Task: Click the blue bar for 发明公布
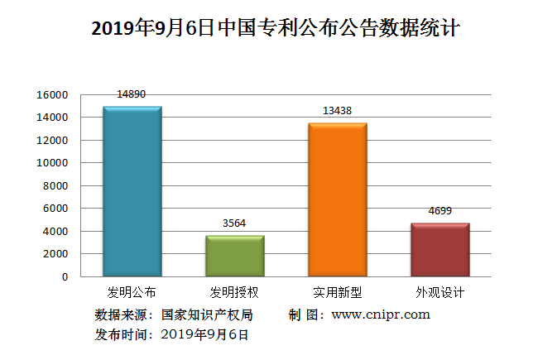pyautogui.click(x=132, y=191)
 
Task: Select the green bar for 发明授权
pyautogui.click(x=235, y=256)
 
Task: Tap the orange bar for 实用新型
pyautogui.click(x=338, y=199)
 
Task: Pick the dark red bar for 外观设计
pyautogui.click(x=440, y=249)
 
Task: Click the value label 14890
pyautogui.click(x=132, y=94)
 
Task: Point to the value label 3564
pyautogui.click(x=234, y=223)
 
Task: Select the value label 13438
pyautogui.click(x=337, y=111)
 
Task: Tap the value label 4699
pyautogui.click(x=440, y=211)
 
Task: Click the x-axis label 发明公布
pyautogui.click(x=132, y=293)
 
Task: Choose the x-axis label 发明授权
pyautogui.click(x=235, y=293)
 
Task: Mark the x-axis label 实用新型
pyautogui.click(x=338, y=293)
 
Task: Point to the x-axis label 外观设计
pyautogui.click(x=440, y=293)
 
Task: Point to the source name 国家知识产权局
pyautogui.click(x=207, y=314)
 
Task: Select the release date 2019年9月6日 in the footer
pyautogui.click(x=204, y=334)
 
